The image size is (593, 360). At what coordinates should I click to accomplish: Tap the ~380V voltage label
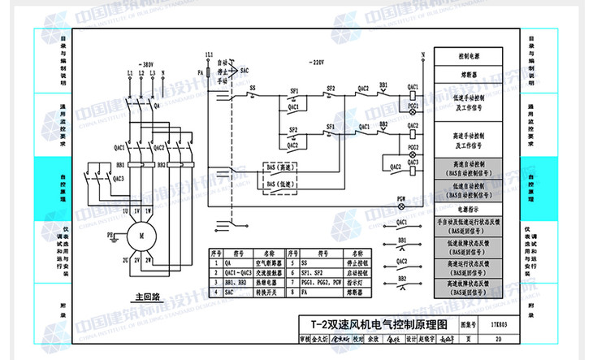pos(145,63)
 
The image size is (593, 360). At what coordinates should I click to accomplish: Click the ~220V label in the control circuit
pos(316,63)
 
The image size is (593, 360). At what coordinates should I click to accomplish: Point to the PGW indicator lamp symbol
pos(401,206)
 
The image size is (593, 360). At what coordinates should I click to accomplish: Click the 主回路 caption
pos(148,297)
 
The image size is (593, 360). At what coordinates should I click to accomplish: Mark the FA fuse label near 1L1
pos(201,61)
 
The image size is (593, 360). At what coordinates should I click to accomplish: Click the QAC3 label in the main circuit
pos(119,178)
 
